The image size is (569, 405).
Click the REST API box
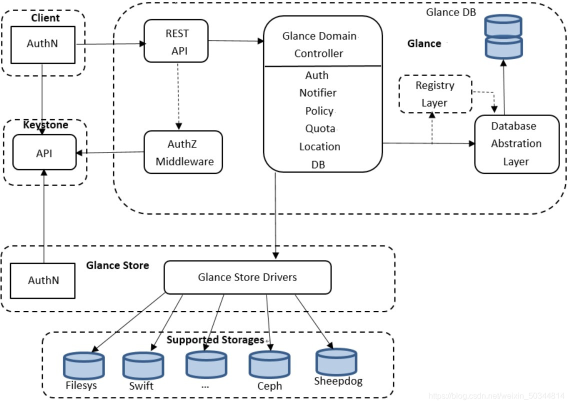click(x=176, y=40)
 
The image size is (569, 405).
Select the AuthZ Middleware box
click(x=183, y=152)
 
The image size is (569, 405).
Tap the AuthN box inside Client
click(x=42, y=43)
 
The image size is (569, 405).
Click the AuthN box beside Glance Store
click(x=43, y=279)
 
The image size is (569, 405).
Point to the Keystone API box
click(x=44, y=152)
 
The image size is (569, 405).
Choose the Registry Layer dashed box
click(x=435, y=94)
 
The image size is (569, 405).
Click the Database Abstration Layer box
click(x=516, y=144)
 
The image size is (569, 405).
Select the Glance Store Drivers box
click(x=247, y=277)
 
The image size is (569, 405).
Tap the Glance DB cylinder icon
click(x=503, y=37)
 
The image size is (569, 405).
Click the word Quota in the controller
click(x=320, y=128)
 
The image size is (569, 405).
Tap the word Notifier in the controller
click(x=318, y=93)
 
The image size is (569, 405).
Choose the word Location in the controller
click(x=319, y=146)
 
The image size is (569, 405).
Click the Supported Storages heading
click(x=215, y=340)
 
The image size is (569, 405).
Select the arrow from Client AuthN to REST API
click(x=110, y=44)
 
